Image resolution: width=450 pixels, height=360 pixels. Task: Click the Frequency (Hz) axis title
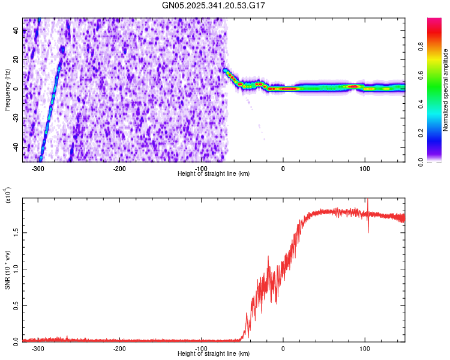[x=8, y=90]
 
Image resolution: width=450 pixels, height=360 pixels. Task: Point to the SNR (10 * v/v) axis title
[x=8, y=270]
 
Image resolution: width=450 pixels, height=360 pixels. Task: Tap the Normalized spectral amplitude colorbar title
[x=446, y=90]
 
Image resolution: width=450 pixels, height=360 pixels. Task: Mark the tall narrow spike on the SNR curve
[x=367, y=204]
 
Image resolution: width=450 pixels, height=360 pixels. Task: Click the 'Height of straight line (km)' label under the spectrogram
[x=214, y=174]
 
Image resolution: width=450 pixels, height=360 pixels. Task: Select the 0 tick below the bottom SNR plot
[x=283, y=349]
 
